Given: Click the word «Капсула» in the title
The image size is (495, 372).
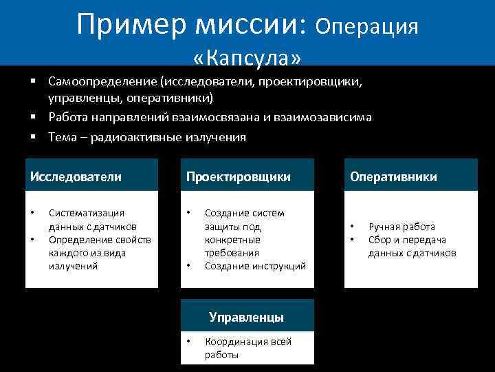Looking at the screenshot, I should click(247, 54).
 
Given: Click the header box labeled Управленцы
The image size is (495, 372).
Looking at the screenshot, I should click(247, 317).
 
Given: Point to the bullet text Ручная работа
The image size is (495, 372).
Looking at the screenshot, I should click(401, 227).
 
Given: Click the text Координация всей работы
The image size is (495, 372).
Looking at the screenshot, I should click(248, 348).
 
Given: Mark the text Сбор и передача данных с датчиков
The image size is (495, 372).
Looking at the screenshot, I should click(412, 246).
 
